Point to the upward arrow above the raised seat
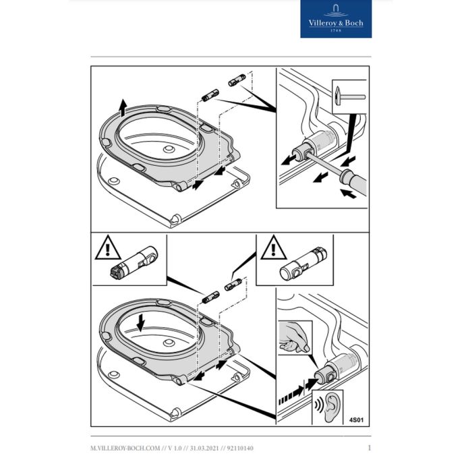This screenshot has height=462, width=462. pyautogui.click(x=122, y=105)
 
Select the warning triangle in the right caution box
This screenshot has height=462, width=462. pyautogui.click(x=272, y=251)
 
